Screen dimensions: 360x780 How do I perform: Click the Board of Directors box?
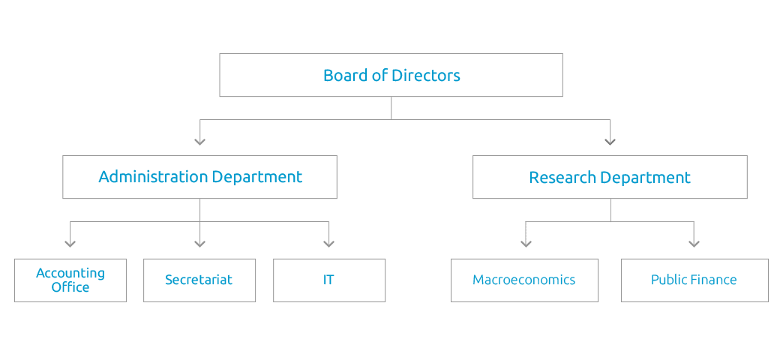click(391, 75)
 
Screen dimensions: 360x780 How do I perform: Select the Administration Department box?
click(199, 177)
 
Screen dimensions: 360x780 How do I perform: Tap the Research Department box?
click(610, 177)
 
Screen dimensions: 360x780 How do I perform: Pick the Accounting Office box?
click(70, 280)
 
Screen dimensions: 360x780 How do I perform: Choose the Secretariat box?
click(199, 280)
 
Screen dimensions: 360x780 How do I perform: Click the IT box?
click(329, 280)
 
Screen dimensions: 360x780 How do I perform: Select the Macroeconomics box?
click(524, 280)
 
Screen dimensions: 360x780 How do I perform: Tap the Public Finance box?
click(694, 280)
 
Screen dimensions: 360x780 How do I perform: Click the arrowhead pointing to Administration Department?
click(199, 140)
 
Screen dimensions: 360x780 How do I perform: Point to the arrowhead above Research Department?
click(610, 140)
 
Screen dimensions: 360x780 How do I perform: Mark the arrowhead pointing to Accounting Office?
click(70, 243)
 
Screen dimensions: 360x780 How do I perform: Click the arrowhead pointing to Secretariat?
click(199, 243)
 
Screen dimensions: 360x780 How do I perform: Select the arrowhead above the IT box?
click(328, 243)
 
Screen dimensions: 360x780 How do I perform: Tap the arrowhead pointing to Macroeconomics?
click(526, 243)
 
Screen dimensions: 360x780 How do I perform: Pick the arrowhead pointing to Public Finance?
click(694, 243)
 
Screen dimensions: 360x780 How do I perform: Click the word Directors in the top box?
click(426, 75)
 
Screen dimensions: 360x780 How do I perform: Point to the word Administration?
click(153, 177)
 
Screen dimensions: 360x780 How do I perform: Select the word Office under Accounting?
click(70, 287)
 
